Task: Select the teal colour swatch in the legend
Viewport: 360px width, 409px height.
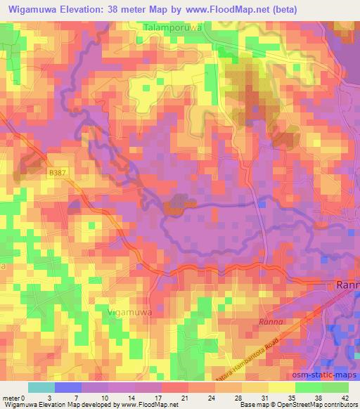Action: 41,387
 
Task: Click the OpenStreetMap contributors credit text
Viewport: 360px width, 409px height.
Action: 321,405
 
